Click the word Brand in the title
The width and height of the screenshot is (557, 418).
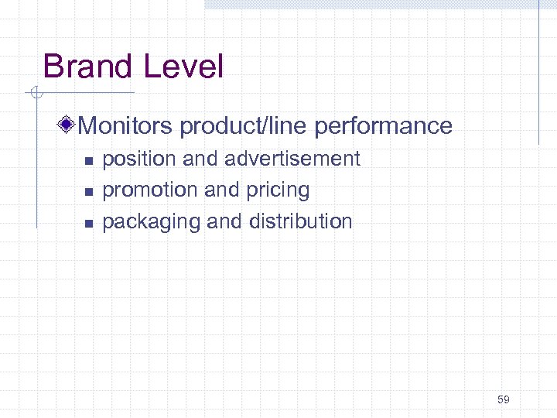86,67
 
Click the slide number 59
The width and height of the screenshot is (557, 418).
504,399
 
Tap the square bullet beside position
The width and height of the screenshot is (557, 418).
88,161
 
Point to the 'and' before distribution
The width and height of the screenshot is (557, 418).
224,221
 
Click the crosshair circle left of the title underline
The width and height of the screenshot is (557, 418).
35,94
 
